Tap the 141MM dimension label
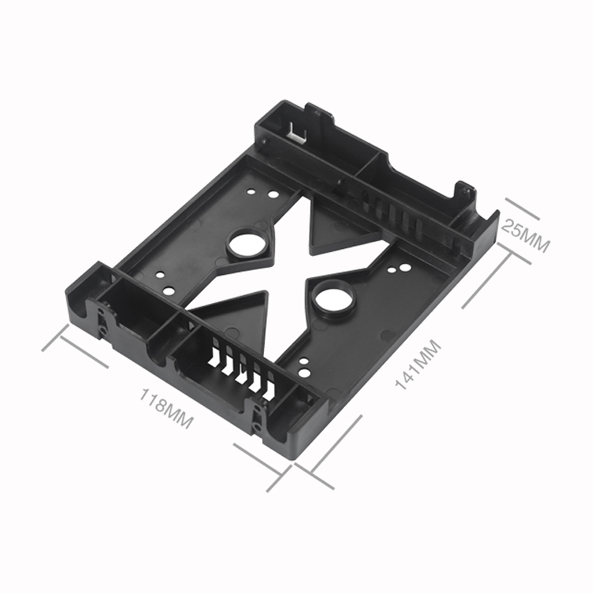[x=418, y=364]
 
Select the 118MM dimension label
[x=166, y=408]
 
